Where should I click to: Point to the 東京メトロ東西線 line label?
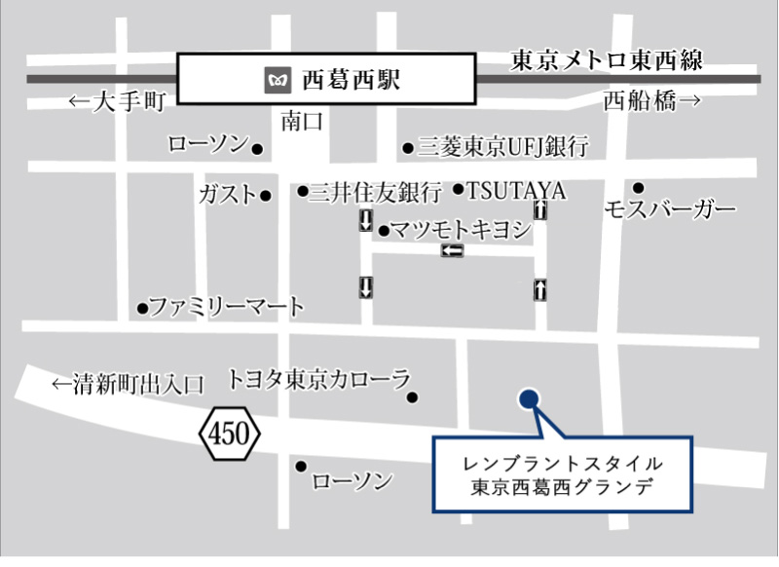coord(607,61)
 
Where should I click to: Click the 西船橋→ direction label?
coord(651,100)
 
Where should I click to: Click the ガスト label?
coord(227,194)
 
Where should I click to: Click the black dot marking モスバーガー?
coord(639,188)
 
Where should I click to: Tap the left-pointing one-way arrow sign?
coord(452,251)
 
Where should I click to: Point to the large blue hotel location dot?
coord(529,398)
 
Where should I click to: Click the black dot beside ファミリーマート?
coord(142,309)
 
